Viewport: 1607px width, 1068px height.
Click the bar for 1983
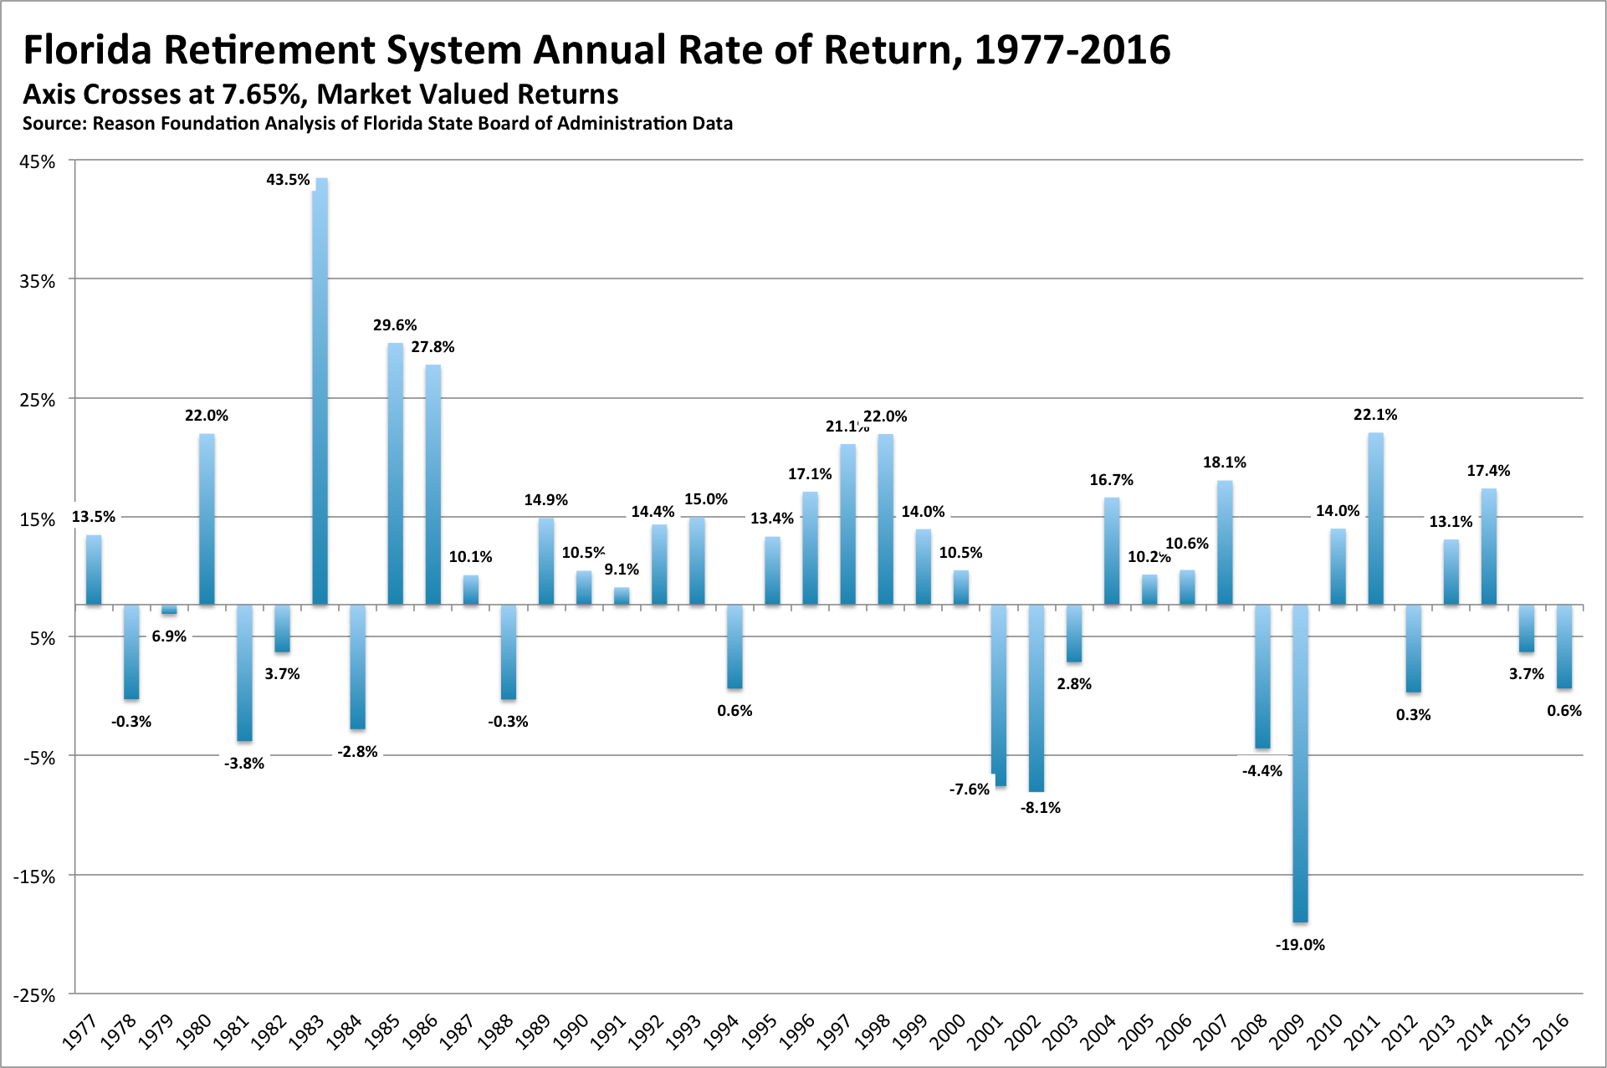[320, 393]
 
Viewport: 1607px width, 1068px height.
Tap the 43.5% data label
[288, 180]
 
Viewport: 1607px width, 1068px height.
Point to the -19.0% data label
[1300, 945]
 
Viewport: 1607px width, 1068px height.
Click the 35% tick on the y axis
[38, 281]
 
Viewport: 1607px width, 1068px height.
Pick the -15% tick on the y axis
[34, 876]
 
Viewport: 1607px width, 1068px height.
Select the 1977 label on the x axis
[80, 1031]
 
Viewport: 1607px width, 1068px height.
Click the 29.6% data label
[395, 325]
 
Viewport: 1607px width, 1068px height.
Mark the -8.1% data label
[1041, 808]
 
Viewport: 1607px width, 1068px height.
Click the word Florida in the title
[88, 50]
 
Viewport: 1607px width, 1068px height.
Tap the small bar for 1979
[169, 610]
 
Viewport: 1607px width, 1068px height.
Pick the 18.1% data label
[1225, 462]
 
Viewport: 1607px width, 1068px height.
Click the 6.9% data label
[169, 636]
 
